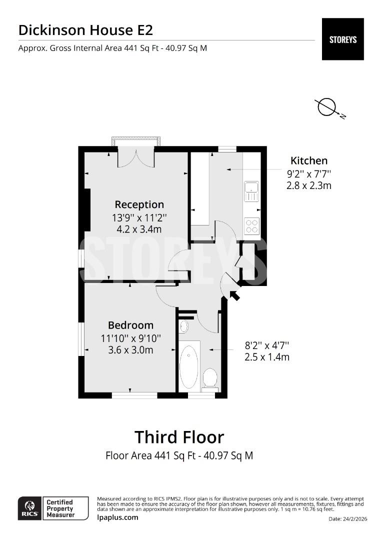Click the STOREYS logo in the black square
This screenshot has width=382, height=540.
342,39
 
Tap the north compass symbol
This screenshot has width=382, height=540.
327,107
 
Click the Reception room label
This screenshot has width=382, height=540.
139,204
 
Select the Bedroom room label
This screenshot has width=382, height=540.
130,325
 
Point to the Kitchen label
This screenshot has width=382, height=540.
309,160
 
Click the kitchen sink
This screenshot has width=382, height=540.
251,187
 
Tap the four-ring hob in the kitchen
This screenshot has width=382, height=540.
251,226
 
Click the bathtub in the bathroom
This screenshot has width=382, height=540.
189,366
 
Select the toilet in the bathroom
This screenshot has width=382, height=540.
210,378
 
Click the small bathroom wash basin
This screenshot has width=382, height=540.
183,327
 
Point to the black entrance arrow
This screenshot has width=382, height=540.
234,295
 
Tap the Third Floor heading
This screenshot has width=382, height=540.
179,437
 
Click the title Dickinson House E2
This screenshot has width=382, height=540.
85,30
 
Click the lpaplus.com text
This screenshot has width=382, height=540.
117,517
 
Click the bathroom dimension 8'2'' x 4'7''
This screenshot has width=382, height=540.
267,345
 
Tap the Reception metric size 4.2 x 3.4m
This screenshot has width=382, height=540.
139,229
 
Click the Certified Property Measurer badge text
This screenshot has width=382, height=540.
60,508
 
